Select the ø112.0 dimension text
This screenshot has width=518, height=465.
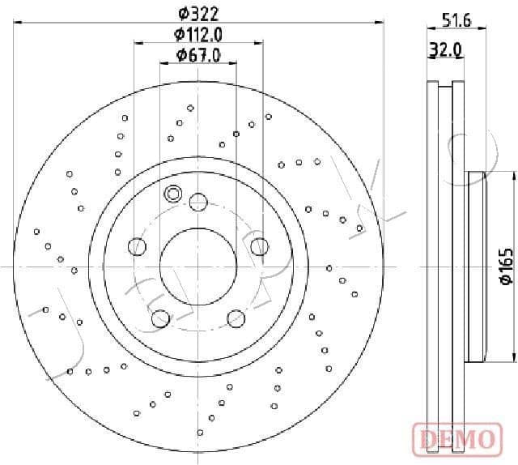[x=197, y=34]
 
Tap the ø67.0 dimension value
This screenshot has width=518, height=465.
[x=197, y=55]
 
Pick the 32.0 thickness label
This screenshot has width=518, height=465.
[x=445, y=49]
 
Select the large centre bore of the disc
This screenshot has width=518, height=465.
[x=197, y=267]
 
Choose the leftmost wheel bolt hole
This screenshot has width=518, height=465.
[x=136, y=245]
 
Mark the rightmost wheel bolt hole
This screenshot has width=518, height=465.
[x=259, y=245]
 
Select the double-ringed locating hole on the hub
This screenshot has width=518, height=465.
[x=172, y=194]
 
